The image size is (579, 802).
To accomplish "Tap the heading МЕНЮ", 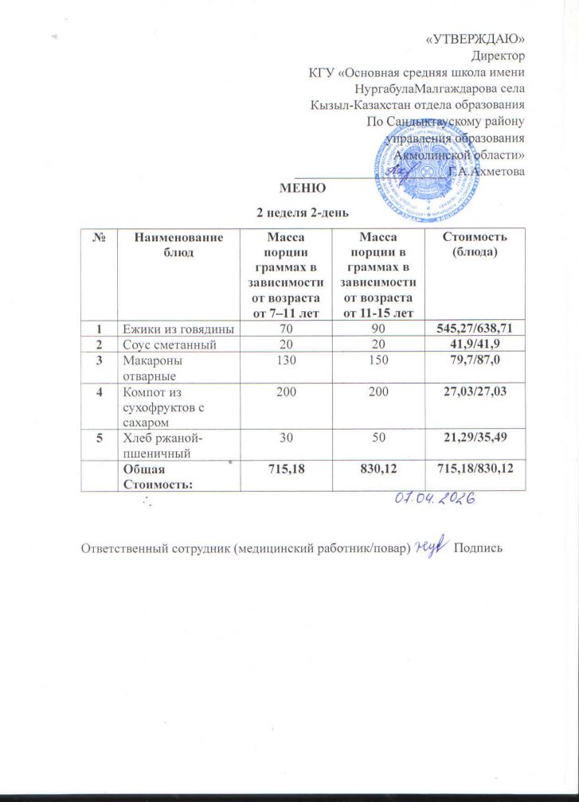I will coord(302,189).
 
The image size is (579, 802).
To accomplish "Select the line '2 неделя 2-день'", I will coord(301,212).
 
